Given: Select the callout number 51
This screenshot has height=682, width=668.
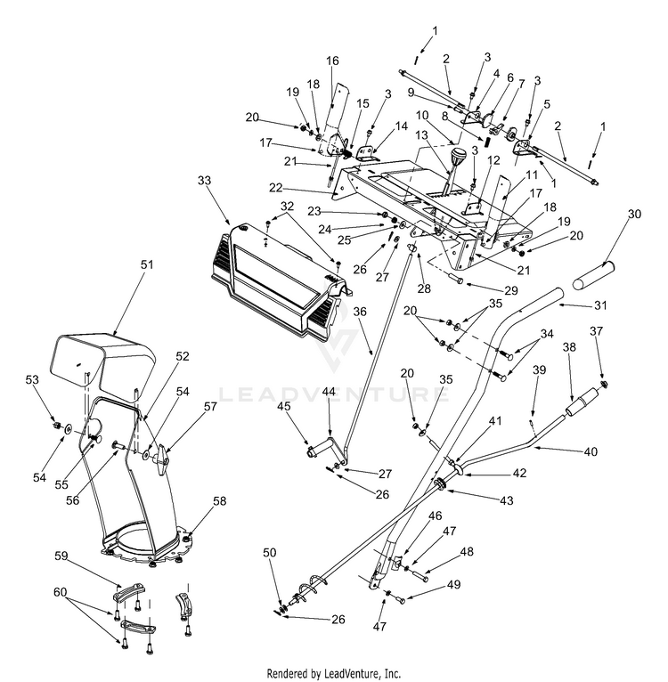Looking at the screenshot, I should (x=147, y=264).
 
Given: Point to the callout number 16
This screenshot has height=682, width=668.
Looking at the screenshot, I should (x=332, y=61).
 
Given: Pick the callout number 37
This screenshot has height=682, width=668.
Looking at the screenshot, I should (x=598, y=330).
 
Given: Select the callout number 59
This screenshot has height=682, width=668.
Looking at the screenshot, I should (x=61, y=556).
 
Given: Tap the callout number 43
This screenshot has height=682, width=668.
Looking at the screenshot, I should (x=506, y=500).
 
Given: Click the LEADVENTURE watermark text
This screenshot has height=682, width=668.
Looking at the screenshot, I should (x=333, y=392).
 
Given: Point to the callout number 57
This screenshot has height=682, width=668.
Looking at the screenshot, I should (x=210, y=406).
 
